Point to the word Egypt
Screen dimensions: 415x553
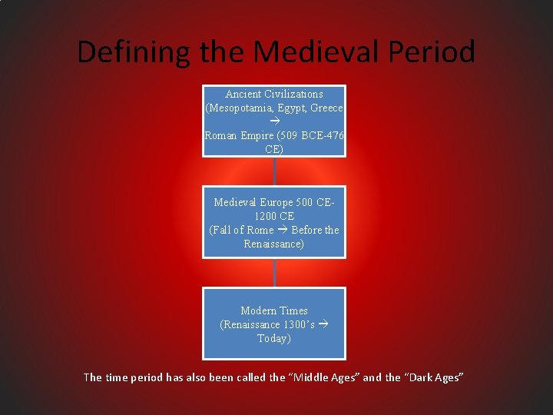coord(291,108)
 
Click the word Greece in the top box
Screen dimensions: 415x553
coord(326,108)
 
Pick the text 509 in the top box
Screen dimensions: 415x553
coord(293,135)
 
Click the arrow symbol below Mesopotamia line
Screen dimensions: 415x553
coord(274,121)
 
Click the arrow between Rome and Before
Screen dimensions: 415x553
coord(283,230)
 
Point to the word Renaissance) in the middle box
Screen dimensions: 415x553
coord(273,244)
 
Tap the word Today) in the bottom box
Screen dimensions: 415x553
coord(273,338)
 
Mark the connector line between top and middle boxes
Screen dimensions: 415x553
coord(274,171)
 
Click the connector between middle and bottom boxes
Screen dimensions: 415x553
coord(274,272)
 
